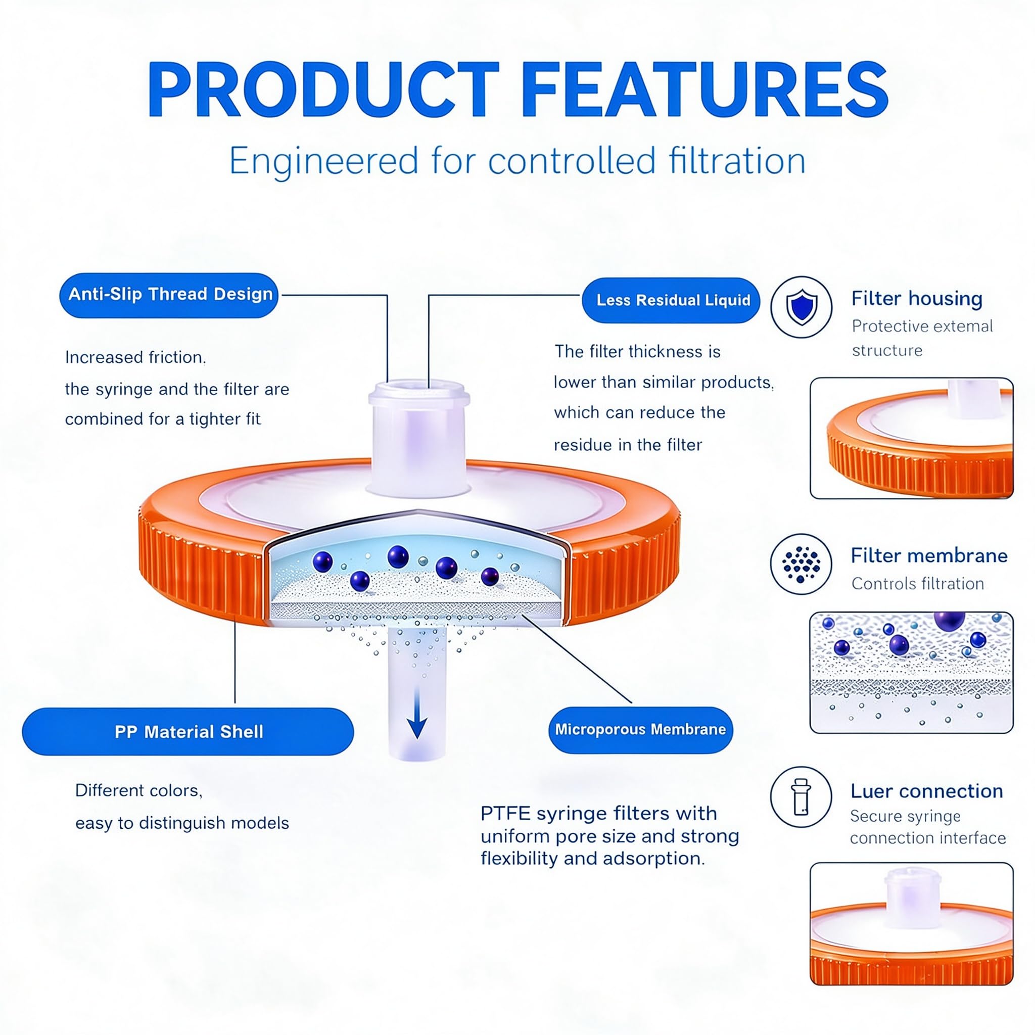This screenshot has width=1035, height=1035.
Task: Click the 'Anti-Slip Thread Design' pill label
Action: (169, 295)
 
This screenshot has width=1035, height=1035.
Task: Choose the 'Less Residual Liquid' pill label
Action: (671, 300)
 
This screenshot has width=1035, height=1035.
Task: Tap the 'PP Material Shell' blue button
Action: (188, 732)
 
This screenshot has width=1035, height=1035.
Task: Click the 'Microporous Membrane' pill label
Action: (641, 730)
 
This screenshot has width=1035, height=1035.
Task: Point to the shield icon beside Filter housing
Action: (802, 307)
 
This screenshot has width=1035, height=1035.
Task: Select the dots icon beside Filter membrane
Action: (802, 563)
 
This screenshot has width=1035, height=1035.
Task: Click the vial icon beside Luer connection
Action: (802, 796)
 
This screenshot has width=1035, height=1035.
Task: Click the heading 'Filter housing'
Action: (917, 298)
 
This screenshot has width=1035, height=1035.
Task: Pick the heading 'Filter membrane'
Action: (929, 555)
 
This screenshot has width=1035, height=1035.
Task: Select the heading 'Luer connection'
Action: (927, 791)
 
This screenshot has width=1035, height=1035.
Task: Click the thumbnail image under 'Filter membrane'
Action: (911, 672)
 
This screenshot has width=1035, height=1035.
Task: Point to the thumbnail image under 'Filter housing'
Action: (911, 438)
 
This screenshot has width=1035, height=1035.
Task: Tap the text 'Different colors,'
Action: (139, 791)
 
